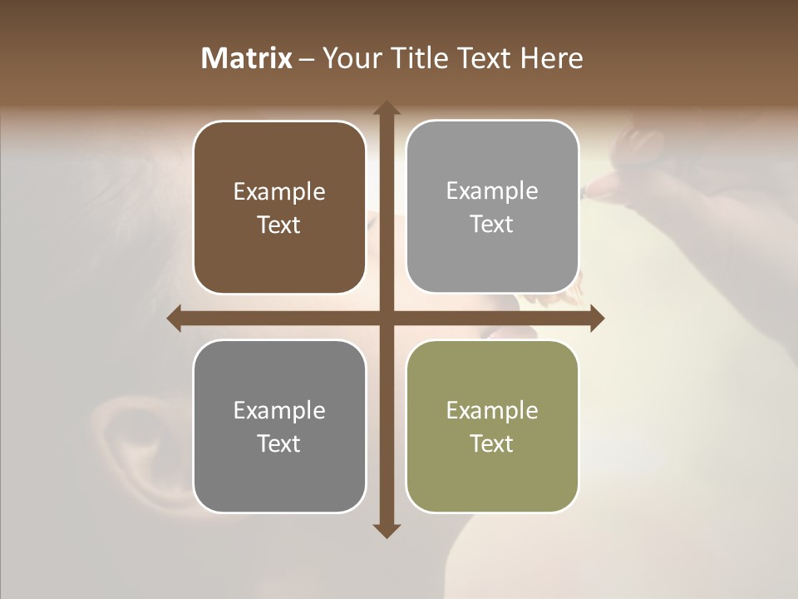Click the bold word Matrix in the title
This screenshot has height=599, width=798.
[x=247, y=58]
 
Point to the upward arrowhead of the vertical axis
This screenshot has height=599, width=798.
[x=386, y=108]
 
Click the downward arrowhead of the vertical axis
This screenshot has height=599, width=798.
[x=386, y=530]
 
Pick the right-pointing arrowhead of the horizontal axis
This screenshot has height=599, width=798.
[x=597, y=318]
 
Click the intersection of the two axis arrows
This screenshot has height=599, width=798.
[x=386, y=318]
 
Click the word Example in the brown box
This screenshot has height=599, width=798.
[x=279, y=192]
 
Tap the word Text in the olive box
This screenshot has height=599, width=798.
[x=492, y=443]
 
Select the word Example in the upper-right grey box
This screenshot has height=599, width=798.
[x=492, y=191]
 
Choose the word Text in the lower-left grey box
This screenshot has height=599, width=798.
[x=279, y=443]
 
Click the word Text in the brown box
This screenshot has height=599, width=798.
[x=279, y=225]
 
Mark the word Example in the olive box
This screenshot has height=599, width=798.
[x=492, y=410]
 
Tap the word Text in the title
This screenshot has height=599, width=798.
[x=484, y=58]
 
